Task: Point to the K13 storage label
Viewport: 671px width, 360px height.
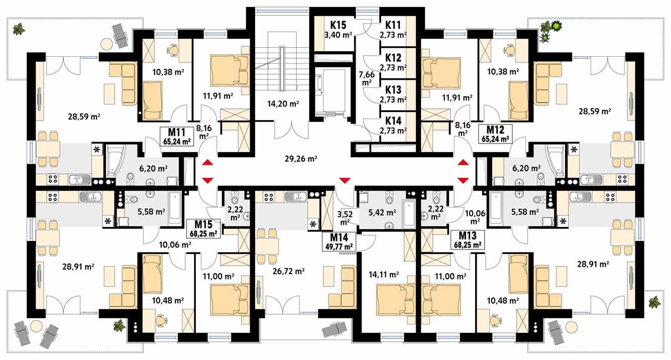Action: coord(393,90)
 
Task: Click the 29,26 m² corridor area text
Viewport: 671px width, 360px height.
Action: coord(301,159)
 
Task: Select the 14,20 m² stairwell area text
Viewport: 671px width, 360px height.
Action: coord(283,104)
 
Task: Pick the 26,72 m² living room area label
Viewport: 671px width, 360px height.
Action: coord(289,272)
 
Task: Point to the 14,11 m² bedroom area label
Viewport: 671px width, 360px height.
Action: coord(384,274)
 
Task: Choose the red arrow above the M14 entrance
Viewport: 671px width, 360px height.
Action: coord(344,180)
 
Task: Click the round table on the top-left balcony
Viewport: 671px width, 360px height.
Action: coord(106,44)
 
